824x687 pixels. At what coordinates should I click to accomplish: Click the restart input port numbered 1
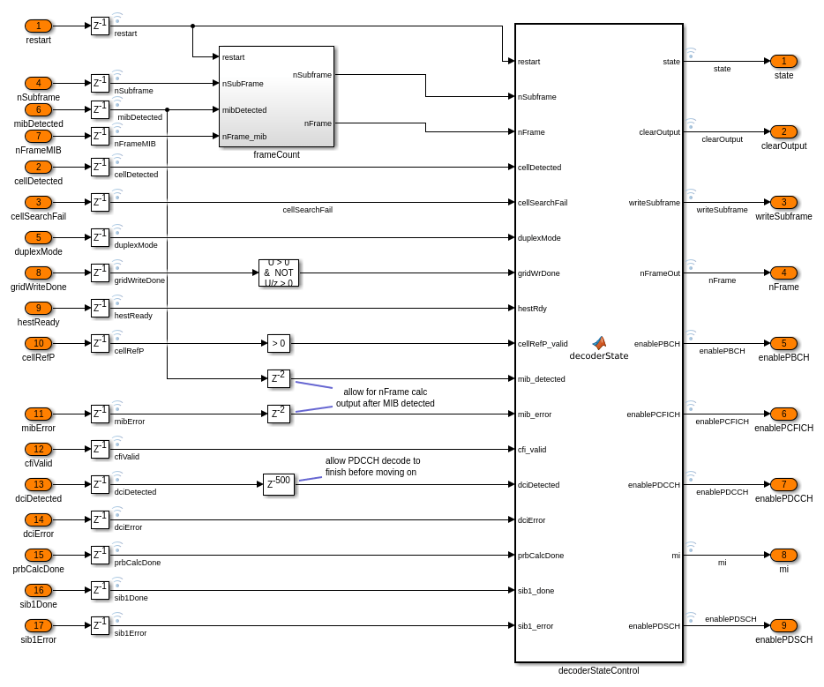[x=38, y=26]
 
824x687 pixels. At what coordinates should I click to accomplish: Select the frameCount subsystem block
[x=276, y=96]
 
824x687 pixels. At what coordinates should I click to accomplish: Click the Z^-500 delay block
[x=279, y=484]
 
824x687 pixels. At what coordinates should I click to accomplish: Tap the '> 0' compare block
[x=279, y=343]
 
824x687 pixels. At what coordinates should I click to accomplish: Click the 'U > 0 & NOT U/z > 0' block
[x=279, y=273]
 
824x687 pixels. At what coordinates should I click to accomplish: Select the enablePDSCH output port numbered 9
[x=783, y=625]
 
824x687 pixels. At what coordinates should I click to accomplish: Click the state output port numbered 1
[x=783, y=61]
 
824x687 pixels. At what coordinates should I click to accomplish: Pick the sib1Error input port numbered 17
[x=38, y=625]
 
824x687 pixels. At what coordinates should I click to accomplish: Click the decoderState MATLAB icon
[x=599, y=342]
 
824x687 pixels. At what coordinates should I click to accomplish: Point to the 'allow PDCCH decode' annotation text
[x=372, y=466]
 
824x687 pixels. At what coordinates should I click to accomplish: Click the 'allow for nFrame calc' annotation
[x=385, y=397]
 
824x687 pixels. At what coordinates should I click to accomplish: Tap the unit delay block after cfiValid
[x=100, y=449]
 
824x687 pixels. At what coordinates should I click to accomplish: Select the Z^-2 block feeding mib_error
[x=279, y=414]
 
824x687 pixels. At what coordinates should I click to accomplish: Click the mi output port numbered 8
[x=783, y=555]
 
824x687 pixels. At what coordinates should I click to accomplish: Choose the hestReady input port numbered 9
[x=38, y=308]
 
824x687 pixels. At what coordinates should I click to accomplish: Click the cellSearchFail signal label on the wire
[x=307, y=210]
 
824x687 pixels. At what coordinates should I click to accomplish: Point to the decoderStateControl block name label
[x=598, y=670]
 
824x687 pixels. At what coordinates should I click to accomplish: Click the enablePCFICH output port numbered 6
[x=783, y=414]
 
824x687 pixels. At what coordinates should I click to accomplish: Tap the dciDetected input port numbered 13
[x=38, y=484]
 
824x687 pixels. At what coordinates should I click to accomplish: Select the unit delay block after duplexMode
[x=100, y=237]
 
